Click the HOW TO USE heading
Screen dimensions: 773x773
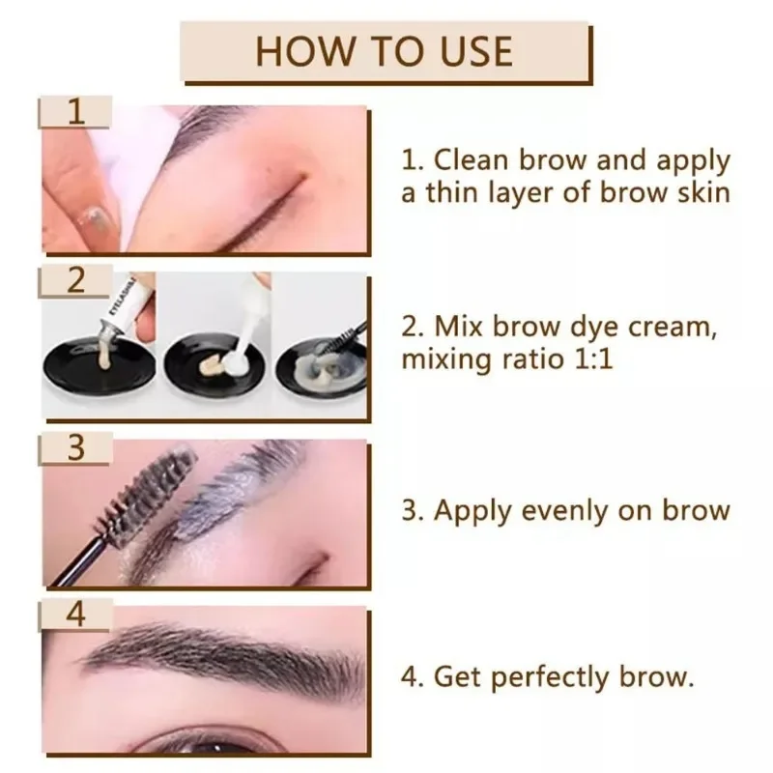click(384, 51)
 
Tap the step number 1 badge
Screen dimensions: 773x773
click(75, 112)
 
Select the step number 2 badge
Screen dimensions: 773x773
click(75, 280)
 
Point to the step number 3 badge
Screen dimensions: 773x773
click(75, 447)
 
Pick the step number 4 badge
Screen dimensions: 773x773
click(75, 615)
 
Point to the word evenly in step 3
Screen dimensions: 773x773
click(563, 511)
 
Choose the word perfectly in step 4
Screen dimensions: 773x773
click(550, 677)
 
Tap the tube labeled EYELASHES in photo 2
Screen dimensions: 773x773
click(125, 309)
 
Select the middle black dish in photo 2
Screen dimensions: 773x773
click(214, 363)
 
